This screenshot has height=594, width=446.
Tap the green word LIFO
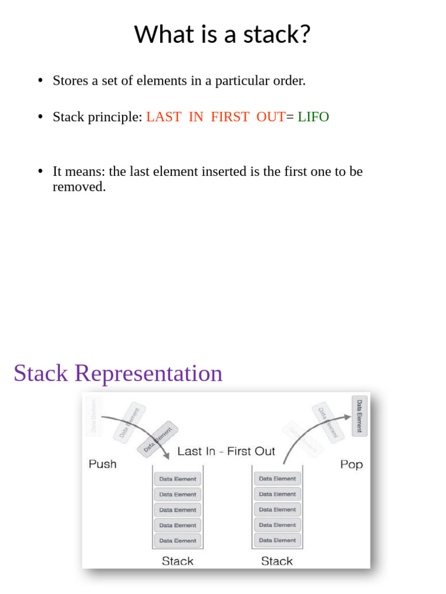tap(313, 117)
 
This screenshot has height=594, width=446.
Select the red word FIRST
tap(230, 117)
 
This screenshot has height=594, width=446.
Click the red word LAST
tap(164, 117)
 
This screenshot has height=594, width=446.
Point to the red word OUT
tap(271, 117)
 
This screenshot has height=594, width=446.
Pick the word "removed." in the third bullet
tap(79, 187)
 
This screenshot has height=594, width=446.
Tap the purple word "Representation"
tap(148, 373)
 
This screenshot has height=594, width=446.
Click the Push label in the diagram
tap(102, 464)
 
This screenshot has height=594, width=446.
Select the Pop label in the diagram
tap(351, 464)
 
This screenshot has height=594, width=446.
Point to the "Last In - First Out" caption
tap(226, 451)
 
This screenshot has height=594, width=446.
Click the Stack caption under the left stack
tap(178, 561)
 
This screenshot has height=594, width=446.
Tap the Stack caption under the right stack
tap(277, 561)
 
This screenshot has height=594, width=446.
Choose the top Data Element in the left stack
tap(178, 479)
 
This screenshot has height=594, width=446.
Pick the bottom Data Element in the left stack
tap(178, 541)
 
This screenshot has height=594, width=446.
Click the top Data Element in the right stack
tap(277, 479)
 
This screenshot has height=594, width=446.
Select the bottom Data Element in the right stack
tap(277, 540)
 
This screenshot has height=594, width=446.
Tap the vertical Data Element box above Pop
tap(359, 415)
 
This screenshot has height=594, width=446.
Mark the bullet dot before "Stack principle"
tap(40, 117)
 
